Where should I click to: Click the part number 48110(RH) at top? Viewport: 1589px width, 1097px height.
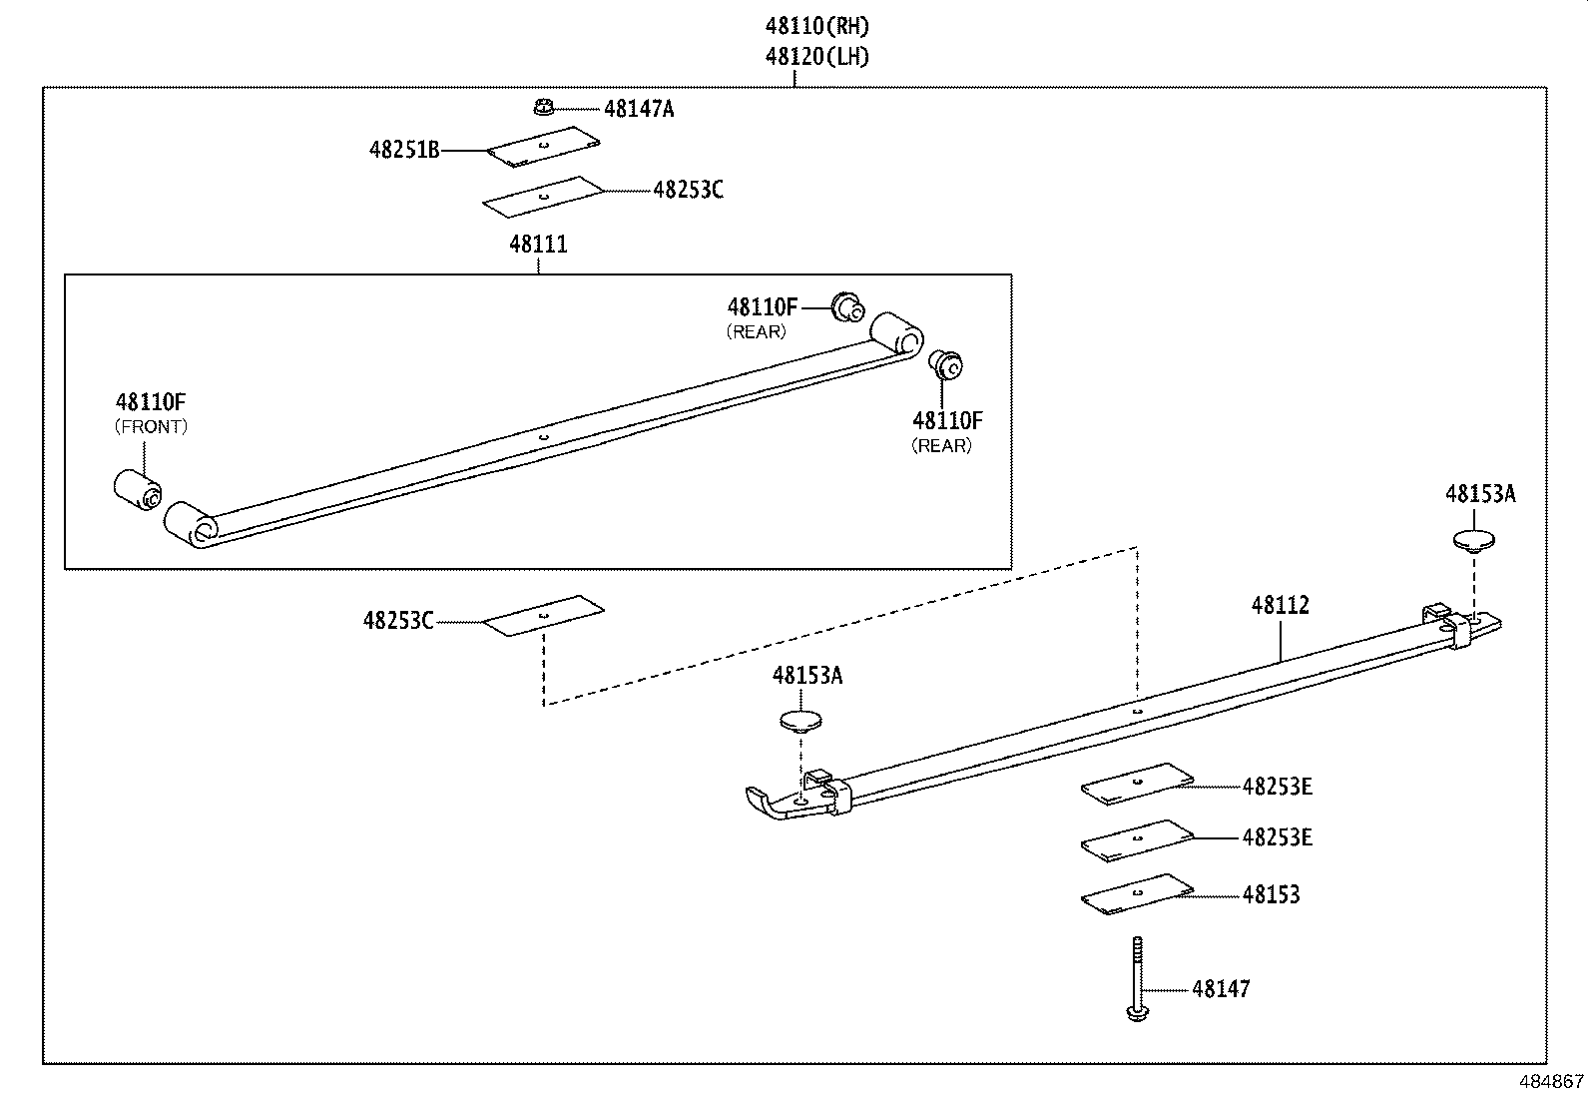(x=809, y=26)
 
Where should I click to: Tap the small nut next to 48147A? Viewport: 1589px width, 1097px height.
(x=544, y=106)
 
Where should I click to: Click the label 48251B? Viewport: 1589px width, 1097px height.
(x=403, y=151)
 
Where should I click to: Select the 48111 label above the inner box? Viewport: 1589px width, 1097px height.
(x=538, y=244)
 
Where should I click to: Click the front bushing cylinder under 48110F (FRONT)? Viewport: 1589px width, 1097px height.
(x=137, y=488)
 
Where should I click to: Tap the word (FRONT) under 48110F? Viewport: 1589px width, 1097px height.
(x=151, y=426)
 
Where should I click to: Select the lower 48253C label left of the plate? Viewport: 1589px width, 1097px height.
(x=397, y=621)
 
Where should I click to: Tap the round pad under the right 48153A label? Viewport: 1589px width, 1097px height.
(x=1474, y=542)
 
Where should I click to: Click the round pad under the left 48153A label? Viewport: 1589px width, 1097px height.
(x=800, y=721)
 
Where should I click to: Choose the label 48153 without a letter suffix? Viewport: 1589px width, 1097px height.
(x=1271, y=894)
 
